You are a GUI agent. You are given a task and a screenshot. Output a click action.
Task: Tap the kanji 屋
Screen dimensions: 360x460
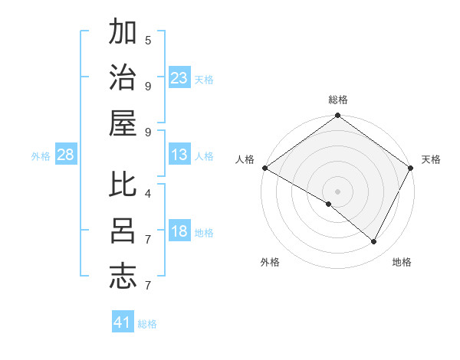123,122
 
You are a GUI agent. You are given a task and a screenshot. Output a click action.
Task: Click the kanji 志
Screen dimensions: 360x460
123,276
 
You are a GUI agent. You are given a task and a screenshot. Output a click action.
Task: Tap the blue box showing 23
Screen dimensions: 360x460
179,77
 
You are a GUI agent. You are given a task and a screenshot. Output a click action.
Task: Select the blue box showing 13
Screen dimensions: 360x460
179,155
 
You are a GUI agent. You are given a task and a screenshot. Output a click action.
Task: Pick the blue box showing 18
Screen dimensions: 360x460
179,232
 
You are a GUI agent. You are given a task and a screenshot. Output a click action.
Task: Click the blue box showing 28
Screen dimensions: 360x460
65,155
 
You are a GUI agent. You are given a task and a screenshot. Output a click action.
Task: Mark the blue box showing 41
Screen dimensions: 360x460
123,322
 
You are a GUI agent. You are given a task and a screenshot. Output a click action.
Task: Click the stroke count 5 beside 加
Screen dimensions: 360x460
148,40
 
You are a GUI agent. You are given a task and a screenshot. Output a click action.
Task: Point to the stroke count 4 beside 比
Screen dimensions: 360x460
148,193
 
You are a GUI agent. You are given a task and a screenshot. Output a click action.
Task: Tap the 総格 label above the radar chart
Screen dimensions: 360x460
337,100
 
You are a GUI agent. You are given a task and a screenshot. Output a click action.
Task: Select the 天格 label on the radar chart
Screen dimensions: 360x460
431,159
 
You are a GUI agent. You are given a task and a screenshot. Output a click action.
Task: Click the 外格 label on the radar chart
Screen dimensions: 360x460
270,262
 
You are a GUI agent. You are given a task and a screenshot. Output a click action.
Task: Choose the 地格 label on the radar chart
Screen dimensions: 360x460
402,262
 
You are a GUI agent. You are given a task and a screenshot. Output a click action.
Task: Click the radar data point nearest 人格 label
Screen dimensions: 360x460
264,168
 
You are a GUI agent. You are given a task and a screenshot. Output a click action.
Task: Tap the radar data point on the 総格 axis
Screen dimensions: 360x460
337,116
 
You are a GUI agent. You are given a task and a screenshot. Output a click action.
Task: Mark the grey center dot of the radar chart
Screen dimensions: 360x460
337,191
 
